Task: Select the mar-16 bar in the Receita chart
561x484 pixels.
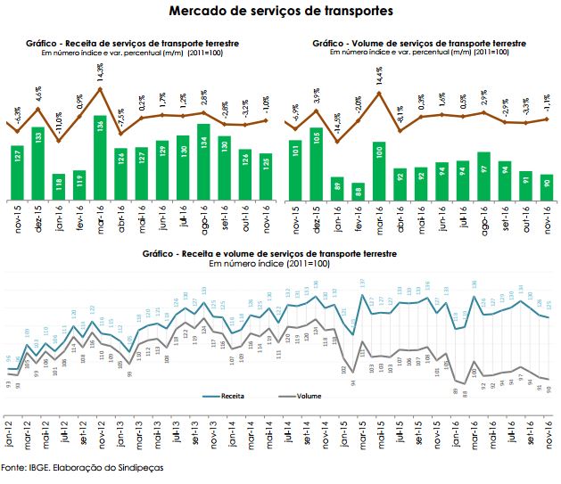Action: tap(100, 148)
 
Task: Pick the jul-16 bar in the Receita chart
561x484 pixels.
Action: tap(182, 158)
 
